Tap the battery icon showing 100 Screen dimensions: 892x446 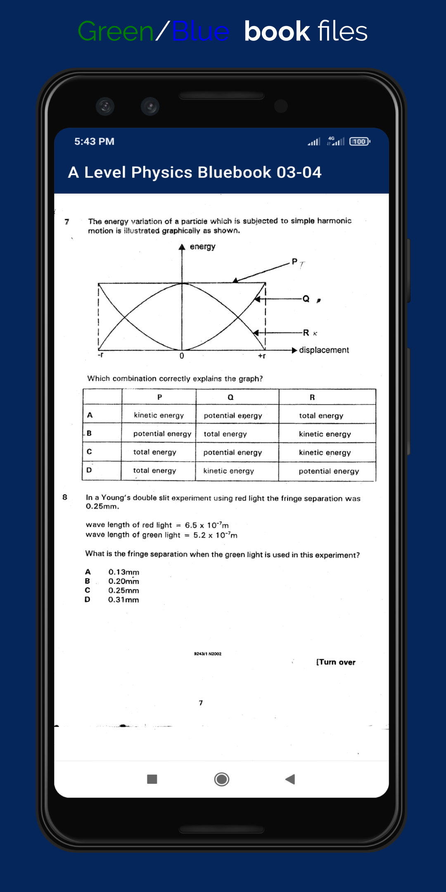click(360, 142)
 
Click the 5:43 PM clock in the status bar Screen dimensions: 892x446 click(94, 142)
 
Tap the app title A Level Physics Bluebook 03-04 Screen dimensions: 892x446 click(195, 173)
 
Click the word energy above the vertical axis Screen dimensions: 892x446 click(202, 247)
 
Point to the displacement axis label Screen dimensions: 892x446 click(324, 350)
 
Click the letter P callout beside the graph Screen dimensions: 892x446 click(294, 261)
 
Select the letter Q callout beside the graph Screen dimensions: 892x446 click(306, 299)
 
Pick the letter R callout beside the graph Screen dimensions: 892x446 click(306, 332)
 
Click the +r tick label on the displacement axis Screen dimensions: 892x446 click(262, 356)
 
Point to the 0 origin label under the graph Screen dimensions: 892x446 click(182, 356)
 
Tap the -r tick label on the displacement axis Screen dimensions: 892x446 click(100, 355)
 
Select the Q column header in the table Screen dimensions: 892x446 click(230, 397)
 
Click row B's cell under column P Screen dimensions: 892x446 click(162, 434)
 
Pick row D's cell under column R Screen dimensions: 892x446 click(329, 471)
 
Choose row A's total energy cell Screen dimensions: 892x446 click(321, 416)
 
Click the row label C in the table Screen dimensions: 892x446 click(89, 452)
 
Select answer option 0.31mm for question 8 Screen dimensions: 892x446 click(123, 600)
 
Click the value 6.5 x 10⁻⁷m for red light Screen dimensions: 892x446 click(206, 525)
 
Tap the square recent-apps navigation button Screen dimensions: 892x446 click(152, 779)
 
